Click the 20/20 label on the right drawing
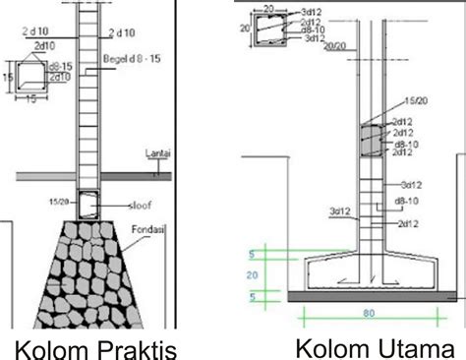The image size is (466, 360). click(x=335, y=46)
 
